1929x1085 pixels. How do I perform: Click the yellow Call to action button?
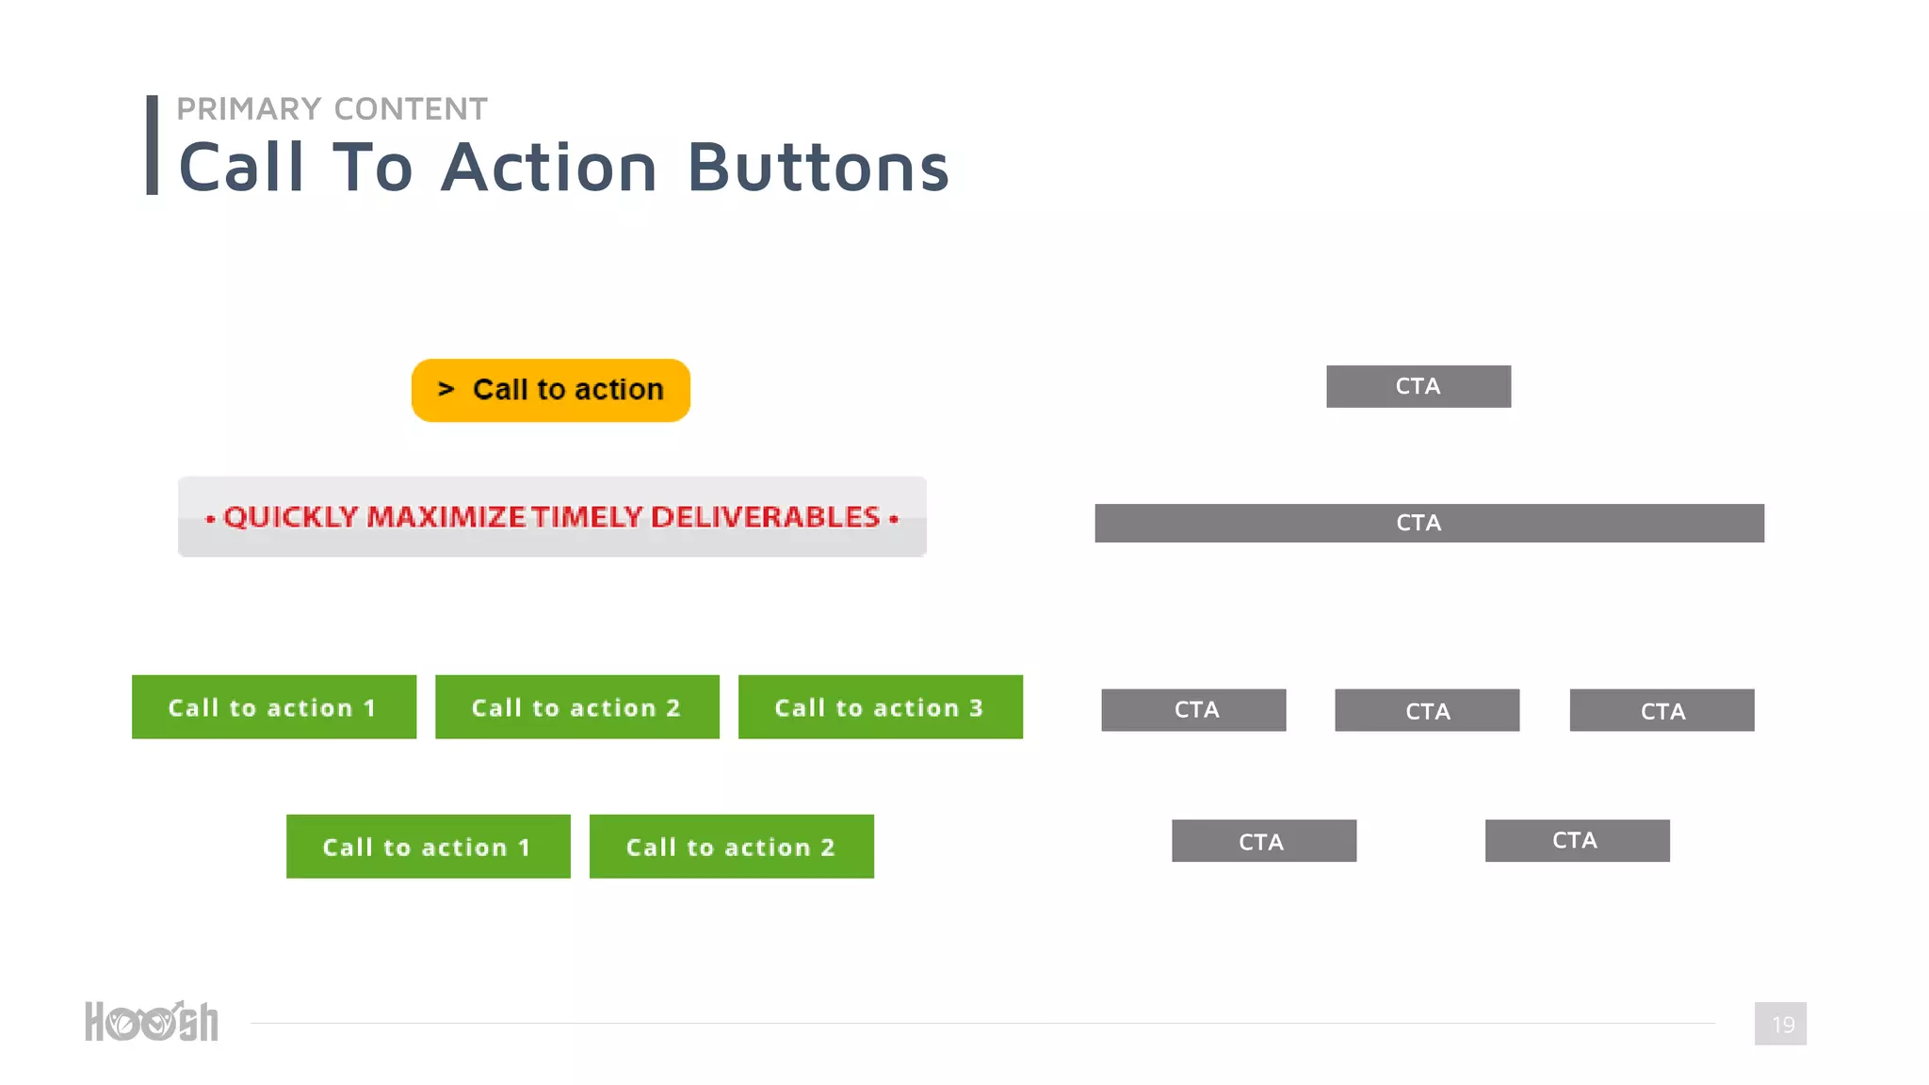pyautogui.click(x=551, y=390)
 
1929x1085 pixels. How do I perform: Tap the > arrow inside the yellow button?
pyautogui.click(x=446, y=389)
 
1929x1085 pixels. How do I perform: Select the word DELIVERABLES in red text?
pyautogui.click(x=765, y=517)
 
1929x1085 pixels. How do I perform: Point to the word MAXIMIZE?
pyautogui.click(x=446, y=517)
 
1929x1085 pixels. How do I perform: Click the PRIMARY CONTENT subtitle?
pyautogui.click(x=332, y=109)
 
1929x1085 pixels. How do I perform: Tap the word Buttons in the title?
pyautogui.click(x=818, y=168)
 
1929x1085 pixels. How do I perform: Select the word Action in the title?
pyautogui.click(x=548, y=168)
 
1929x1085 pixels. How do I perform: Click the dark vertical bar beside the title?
pyautogui.click(x=153, y=145)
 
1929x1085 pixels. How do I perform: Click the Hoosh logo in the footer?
pyautogui.click(x=152, y=1022)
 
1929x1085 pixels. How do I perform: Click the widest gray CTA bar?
pyautogui.click(x=1429, y=523)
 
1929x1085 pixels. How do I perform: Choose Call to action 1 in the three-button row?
pyautogui.click(x=273, y=707)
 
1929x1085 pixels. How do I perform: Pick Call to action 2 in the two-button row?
pyautogui.click(x=731, y=847)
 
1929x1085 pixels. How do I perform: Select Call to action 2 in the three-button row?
pyautogui.click(x=576, y=707)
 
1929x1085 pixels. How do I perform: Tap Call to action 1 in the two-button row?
pyautogui.click(x=428, y=847)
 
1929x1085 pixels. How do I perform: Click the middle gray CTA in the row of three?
pyautogui.click(x=1427, y=710)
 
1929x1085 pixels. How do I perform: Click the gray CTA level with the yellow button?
pyautogui.click(x=1418, y=386)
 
